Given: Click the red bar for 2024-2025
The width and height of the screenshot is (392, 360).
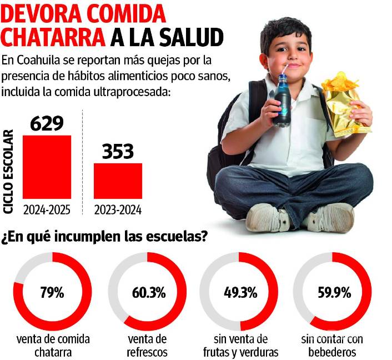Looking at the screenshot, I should click(47, 166).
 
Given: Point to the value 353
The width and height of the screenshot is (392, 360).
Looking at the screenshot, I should click(118, 151).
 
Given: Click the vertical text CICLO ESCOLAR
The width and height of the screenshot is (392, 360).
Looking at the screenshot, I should click(9, 171).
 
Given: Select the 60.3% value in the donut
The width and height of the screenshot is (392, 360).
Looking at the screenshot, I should click(146, 292).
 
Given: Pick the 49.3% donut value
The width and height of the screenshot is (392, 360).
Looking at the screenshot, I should click(239, 292).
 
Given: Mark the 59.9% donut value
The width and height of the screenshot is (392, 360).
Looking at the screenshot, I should click(332, 292).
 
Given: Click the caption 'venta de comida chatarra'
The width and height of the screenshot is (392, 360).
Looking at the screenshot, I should click(53, 345).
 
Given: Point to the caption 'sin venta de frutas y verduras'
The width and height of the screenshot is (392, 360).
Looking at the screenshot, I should click(239, 345).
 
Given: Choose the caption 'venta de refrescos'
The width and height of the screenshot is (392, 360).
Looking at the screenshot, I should click(146, 345).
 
